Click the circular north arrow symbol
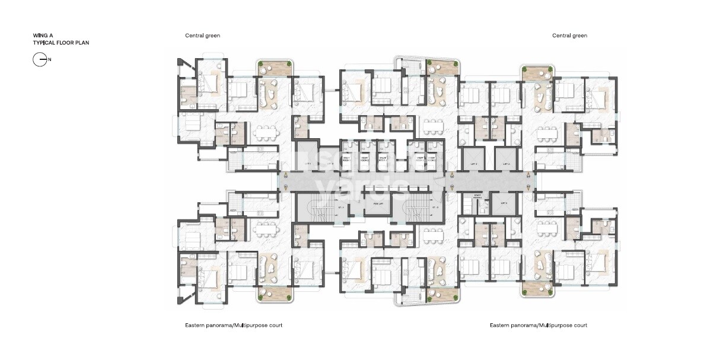pyautogui.click(x=40, y=59)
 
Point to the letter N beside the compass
pyautogui.click(x=50, y=59)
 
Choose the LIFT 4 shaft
pyautogui.click(x=505, y=164)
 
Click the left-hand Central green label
pyautogui.click(x=202, y=36)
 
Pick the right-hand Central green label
pyautogui.click(x=569, y=36)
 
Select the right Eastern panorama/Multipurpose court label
pyautogui.click(x=539, y=326)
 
